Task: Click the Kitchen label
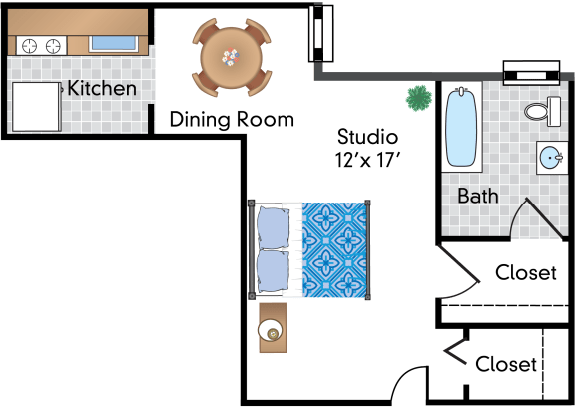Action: click(x=102, y=89)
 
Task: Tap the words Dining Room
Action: click(x=232, y=120)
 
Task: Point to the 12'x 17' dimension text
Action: click(x=367, y=160)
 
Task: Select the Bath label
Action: click(x=478, y=196)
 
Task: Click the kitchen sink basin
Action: click(x=114, y=43)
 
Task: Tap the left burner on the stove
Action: click(x=29, y=46)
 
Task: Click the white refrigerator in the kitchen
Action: click(x=36, y=107)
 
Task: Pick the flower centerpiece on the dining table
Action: click(x=231, y=57)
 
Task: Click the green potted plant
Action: click(x=419, y=98)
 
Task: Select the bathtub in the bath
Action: click(x=461, y=127)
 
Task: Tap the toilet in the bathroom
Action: click(x=543, y=111)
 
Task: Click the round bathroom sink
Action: click(x=551, y=158)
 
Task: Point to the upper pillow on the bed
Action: click(x=273, y=227)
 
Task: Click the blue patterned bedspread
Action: click(x=334, y=249)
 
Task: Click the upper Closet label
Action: click(x=526, y=273)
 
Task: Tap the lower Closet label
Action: click(x=506, y=364)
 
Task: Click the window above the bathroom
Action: click(x=531, y=73)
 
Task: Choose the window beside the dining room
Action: click(x=320, y=33)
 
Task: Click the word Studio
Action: click(x=367, y=137)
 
